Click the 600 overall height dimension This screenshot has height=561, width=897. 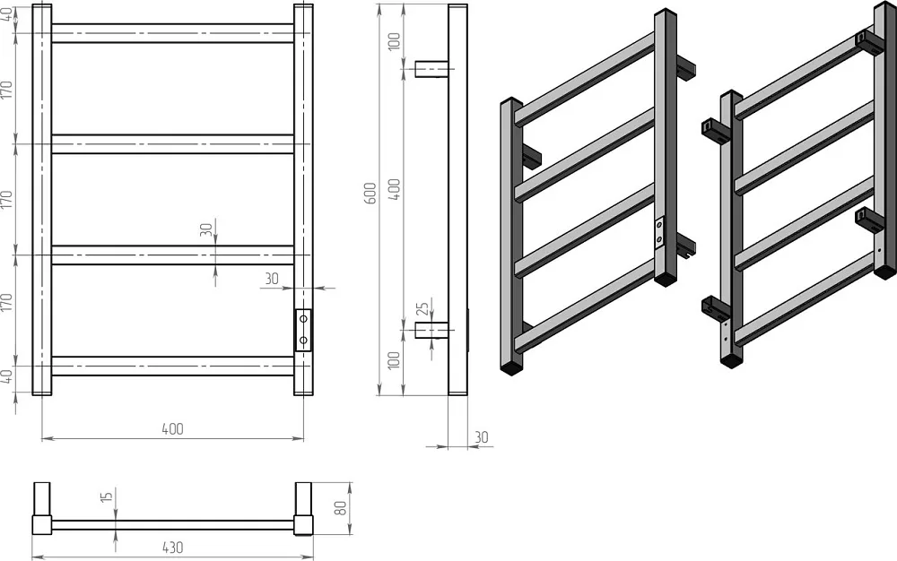coord(370,193)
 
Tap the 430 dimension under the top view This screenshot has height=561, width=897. coord(173,548)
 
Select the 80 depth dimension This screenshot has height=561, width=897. coord(340,508)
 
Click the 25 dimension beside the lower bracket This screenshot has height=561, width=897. coord(422,308)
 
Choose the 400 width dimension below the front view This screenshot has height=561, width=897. coord(173,428)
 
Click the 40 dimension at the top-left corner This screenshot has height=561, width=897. coord(6,14)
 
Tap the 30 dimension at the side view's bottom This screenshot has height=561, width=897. coord(482,437)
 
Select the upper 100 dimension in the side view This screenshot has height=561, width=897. coord(394,41)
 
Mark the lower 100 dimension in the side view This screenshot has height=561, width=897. coord(394,360)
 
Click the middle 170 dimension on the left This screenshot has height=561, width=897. coord(6,199)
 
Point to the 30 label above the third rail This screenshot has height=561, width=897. coord(206,229)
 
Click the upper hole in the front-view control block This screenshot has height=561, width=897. coord(303,318)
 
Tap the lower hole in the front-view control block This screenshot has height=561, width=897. coord(303,341)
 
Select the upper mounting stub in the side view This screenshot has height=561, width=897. coord(431,69)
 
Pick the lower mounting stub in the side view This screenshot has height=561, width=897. coord(431,330)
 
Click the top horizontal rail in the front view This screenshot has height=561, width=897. coord(173,33)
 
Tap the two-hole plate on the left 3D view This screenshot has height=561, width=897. coord(659,234)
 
